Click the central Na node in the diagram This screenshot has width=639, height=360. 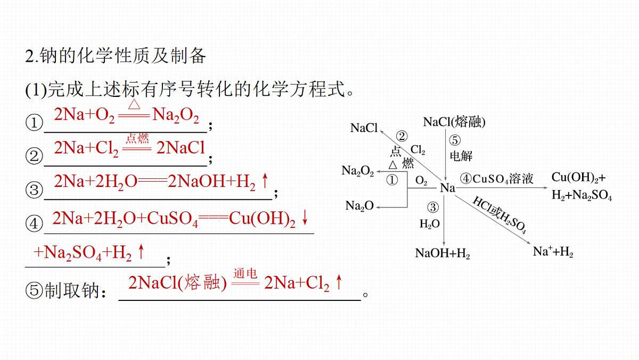point(447,187)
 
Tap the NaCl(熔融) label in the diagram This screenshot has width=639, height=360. point(454,122)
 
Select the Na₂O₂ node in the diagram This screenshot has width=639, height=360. point(358,171)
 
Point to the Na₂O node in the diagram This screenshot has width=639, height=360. point(359,206)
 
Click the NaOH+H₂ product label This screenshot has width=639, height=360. point(443,253)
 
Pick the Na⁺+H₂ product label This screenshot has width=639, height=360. point(553,251)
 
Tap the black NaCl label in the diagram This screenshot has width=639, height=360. point(364,128)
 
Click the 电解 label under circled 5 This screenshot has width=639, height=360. point(461,156)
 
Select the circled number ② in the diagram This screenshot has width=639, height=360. point(402,136)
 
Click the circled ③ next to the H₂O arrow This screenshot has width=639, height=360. point(433,207)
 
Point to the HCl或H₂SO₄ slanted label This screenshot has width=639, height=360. point(499,215)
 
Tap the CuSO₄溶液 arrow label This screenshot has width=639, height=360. point(503,179)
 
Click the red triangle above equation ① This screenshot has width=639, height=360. point(134,104)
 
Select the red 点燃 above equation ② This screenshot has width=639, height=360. point(137,138)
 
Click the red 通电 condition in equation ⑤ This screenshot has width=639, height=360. point(245,273)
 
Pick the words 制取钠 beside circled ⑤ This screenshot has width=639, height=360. point(72,291)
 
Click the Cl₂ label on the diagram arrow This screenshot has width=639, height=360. point(417,150)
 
